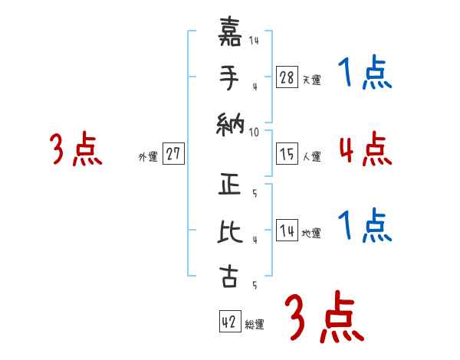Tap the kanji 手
coord(228,78)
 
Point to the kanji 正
coord(228,186)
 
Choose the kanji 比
coord(228,231)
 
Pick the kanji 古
coord(228,277)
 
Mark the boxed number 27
coord(174,153)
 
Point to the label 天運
coord(311,79)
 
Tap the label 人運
coord(311,156)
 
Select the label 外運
coord(148,157)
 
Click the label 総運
coord(255,325)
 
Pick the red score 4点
coord(365,149)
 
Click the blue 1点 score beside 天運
coord(365,74)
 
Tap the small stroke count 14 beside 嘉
coord(254,41)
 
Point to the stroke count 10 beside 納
coord(254,132)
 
